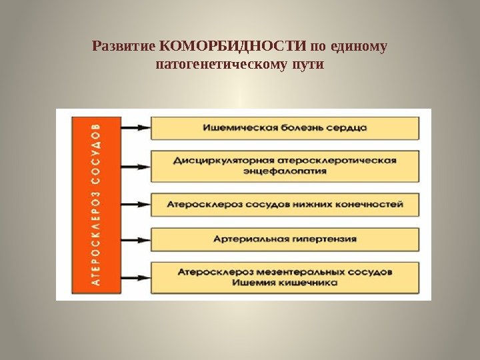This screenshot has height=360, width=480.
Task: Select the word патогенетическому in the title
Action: [218, 65]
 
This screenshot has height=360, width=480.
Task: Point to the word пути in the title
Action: [308, 65]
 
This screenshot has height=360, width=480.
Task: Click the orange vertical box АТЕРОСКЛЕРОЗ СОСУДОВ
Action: [97, 205]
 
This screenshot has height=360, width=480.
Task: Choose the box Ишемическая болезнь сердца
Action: [285, 127]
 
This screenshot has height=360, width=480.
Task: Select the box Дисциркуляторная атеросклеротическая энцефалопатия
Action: [285, 165]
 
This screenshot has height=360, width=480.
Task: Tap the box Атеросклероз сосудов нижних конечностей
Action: [285, 204]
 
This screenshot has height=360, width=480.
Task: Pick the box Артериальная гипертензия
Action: [285, 239]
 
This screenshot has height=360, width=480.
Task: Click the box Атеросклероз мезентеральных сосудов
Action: [285, 277]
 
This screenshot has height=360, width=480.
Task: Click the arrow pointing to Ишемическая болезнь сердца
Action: [136, 127]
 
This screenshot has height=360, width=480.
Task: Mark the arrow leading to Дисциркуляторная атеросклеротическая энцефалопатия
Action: [136, 165]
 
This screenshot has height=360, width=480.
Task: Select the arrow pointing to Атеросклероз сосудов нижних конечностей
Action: [136, 204]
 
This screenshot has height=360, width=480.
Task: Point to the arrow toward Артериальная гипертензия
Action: [136, 239]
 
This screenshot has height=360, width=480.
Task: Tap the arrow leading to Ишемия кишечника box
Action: [136, 277]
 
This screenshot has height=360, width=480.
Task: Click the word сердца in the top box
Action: [348, 127]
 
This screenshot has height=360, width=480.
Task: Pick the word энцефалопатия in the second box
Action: [285, 171]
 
